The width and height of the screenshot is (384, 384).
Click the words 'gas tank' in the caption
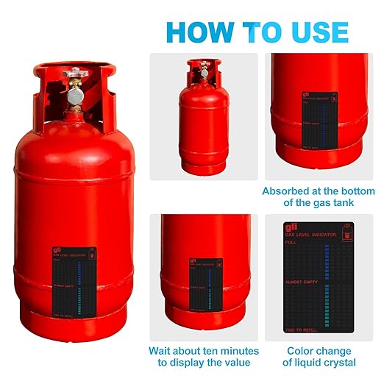(333, 204)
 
